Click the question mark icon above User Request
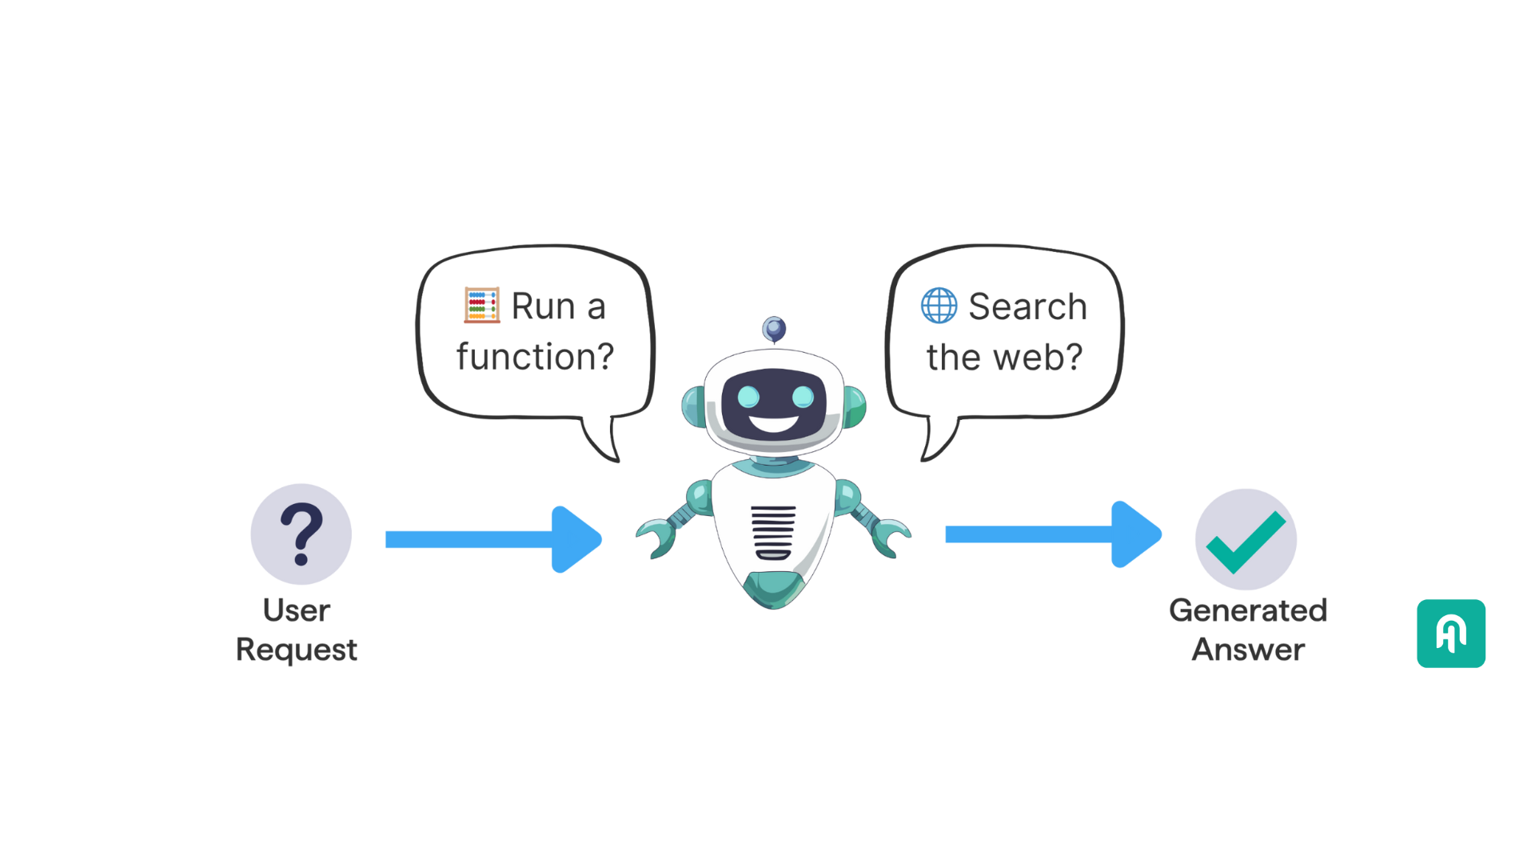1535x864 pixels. [x=301, y=534]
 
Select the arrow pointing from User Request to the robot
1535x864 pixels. [x=493, y=538]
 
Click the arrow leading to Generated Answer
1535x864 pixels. [x=1052, y=534]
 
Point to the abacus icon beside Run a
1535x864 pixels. [x=482, y=305]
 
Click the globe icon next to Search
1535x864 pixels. [x=939, y=305]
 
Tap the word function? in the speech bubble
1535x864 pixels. [x=535, y=356]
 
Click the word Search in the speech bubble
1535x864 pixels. [x=1027, y=306]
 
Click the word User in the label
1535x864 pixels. [x=296, y=610]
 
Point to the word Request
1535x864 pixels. [x=296, y=650]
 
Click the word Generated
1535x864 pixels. [x=1247, y=610]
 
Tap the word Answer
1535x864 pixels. [x=1248, y=650]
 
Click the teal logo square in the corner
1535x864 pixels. [x=1450, y=634]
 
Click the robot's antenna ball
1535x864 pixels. [x=773, y=328]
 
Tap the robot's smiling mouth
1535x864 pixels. [x=773, y=424]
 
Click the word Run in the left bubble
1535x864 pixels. [x=544, y=306]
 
